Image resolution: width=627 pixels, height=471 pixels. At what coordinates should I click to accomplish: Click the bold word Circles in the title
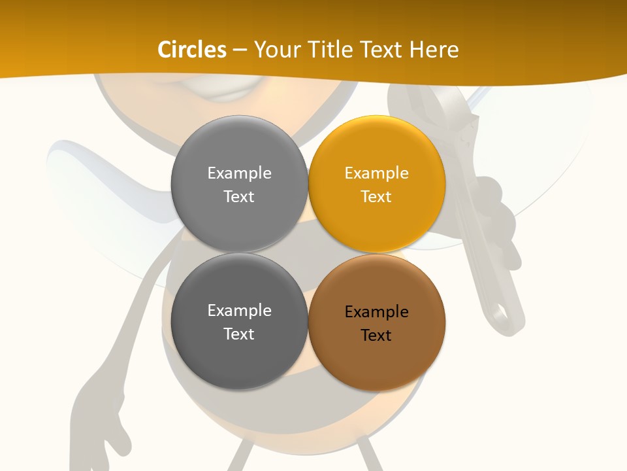point(191,50)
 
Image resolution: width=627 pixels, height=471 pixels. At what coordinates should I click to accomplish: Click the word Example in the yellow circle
point(376,173)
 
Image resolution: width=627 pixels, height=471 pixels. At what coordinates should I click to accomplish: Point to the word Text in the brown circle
point(376,336)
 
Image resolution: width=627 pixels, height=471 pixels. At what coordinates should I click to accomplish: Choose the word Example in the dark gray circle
point(239,311)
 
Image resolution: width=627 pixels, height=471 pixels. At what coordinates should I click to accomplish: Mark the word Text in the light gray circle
point(239,197)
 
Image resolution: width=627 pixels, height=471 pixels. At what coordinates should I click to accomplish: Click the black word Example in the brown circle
point(376,312)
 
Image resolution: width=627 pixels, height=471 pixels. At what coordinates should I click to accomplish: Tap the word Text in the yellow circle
point(376,197)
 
